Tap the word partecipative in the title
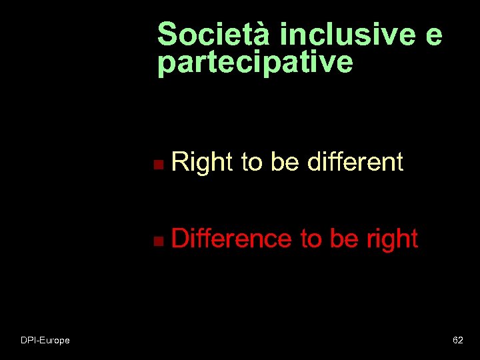(x=255, y=62)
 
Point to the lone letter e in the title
(x=433, y=35)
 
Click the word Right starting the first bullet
(x=202, y=162)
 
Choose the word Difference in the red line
(x=231, y=238)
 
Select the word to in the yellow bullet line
(x=252, y=162)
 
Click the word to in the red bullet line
(x=311, y=239)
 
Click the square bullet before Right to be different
(x=156, y=163)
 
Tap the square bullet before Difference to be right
(x=156, y=240)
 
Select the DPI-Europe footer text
(x=45, y=340)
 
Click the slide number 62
(x=458, y=340)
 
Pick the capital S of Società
(x=167, y=34)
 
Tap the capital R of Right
(x=180, y=162)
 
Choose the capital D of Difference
(x=181, y=238)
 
